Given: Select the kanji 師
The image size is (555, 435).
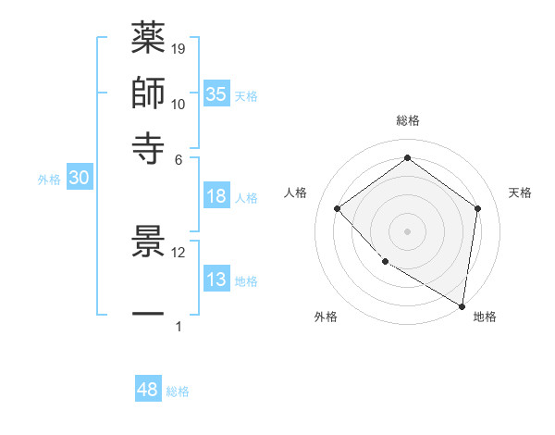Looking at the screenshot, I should tap(149, 93).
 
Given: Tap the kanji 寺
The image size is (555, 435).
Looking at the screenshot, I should tap(149, 146).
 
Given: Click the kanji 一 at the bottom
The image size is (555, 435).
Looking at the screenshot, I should tap(149, 315).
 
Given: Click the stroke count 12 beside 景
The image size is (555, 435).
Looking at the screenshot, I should tap(179, 252).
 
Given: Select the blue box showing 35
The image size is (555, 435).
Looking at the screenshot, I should tap(216, 93).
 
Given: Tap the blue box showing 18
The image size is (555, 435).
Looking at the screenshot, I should tap(216, 196).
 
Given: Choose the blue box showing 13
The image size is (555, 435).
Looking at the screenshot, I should tap(216, 280).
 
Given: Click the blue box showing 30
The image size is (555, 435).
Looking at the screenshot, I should tap(79, 179).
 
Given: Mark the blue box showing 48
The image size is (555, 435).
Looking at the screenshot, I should tap(148, 390).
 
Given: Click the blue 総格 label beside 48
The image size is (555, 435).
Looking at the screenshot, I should tap(178, 391).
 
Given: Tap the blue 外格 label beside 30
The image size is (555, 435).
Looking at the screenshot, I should tap(49, 180).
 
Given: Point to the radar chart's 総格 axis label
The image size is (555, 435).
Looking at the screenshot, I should tap(407, 121).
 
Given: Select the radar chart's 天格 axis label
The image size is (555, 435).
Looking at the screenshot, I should tap(520, 193).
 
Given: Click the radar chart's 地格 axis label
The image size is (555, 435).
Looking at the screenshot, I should tap(485, 317).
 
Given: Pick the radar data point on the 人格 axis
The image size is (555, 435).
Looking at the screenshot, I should tap(338, 208).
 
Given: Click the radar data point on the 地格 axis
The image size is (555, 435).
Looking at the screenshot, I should tap(462, 305).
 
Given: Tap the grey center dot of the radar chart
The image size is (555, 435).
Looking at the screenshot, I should tap(407, 230).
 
